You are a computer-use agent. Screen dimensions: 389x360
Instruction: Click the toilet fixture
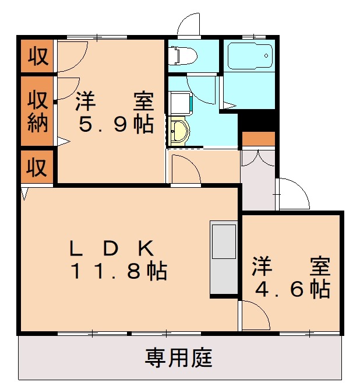[181, 56]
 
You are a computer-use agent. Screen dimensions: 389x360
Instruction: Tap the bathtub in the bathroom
[249, 56]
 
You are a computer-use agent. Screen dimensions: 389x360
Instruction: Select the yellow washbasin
[178, 131]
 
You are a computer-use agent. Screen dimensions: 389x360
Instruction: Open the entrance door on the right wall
[293, 194]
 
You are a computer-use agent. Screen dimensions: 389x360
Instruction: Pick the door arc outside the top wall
[189, 25]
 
